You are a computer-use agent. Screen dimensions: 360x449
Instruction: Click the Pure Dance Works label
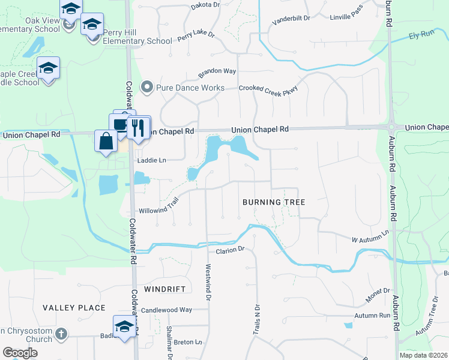coord(190,88)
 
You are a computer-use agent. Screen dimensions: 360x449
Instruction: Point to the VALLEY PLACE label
coord(74,308)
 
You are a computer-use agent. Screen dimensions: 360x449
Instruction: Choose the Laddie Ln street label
coord(151,160)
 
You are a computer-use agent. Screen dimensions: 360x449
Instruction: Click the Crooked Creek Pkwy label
coord(268,88)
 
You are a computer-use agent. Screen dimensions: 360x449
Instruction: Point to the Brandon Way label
coord(217,71)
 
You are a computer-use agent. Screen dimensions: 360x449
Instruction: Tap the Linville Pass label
coord(348,17)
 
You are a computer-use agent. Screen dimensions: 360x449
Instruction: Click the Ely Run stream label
coord(421,35)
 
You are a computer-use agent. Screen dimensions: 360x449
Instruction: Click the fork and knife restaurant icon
coord(138,128)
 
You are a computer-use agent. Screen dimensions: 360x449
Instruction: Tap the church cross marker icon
coord(61,333)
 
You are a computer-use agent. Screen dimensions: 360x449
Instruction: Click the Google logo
coord(20,353)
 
